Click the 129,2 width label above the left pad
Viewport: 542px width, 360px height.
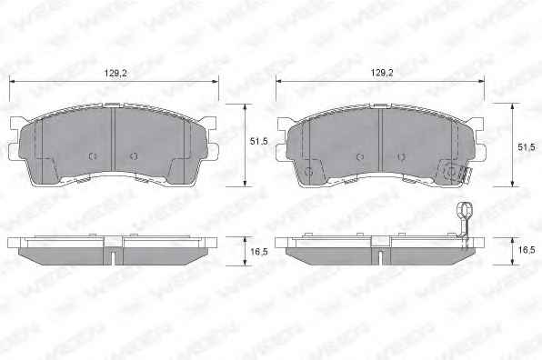click(115, 74)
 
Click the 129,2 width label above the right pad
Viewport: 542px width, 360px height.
click(382, 73)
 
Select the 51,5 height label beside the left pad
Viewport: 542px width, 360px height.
click(259, 141)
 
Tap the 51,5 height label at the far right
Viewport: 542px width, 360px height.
click(527, 147)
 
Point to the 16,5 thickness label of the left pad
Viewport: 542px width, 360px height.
click(259, 252)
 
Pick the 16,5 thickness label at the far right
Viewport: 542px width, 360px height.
click(527, 250)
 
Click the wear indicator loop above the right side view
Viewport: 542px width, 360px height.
click(464, 209)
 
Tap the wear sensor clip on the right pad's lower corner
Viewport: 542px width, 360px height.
click(454, 172)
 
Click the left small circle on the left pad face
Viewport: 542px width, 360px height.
click(93, 156)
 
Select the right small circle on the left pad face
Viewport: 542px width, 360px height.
click(134, 156)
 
